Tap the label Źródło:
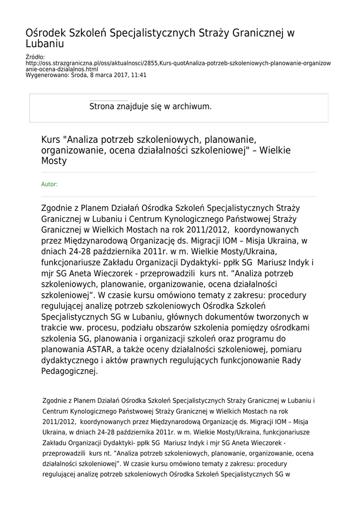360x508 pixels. pos(35,58)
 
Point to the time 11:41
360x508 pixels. pos(139,75)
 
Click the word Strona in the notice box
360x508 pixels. pos(102,106)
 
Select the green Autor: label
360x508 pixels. pos(49,184)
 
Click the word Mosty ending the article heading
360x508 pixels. pos(54,161)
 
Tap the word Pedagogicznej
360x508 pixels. pos(70,371)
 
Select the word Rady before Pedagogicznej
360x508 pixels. pos(291,360)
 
